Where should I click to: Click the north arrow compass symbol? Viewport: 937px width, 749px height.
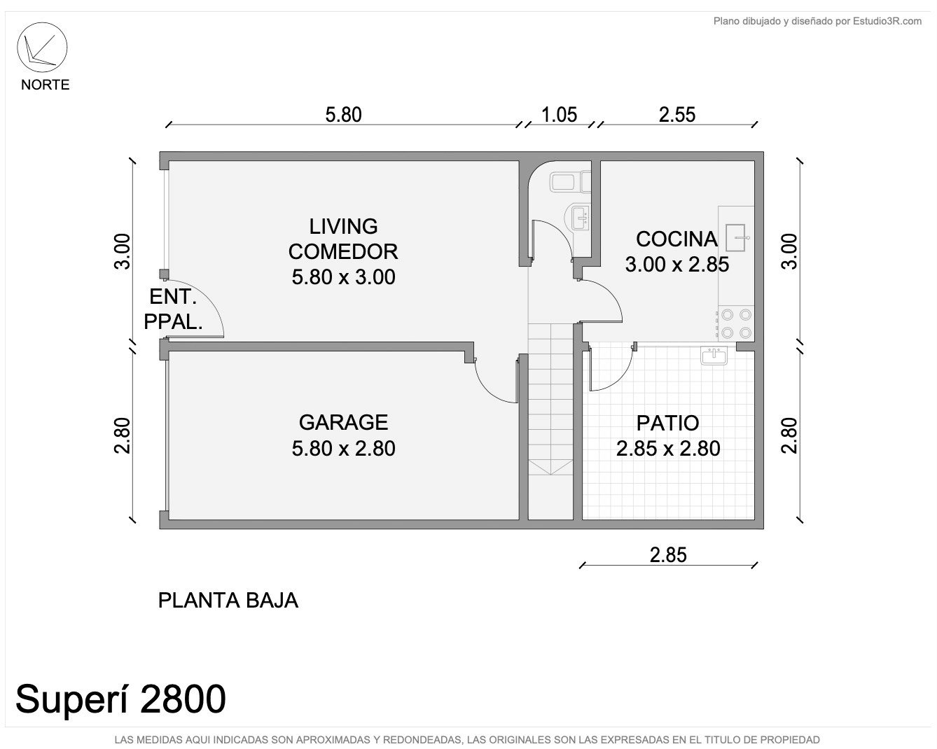pyautogui.click(x=42, y=48)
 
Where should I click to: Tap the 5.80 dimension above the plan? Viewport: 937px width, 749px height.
pyautogui.click(x=344, y=115)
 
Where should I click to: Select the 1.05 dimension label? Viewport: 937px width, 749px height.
pyautogui.click(x=559, y=115)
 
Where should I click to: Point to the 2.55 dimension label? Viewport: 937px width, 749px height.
pyautogui.click(x=677, y=115)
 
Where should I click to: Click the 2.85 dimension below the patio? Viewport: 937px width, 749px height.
pyautogui.click(x=668, y=555)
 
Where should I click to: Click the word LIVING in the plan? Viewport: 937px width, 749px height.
pyautogui.click(x=344, y=226)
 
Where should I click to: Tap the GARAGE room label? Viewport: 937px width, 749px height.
pyautogui.click(x=344, y=423)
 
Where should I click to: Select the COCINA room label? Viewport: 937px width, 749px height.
pyautogui.click(x=676, y=239)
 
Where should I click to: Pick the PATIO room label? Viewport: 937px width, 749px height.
pyautogui.click(x=668, y=423)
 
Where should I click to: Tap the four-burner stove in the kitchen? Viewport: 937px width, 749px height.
pyautogui.click(x=736, y=323)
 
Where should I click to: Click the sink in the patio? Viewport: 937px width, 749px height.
pyautogui.click(x=714, y=356)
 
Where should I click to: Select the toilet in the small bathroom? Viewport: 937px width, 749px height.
pyautogui.click(x=570, y=181)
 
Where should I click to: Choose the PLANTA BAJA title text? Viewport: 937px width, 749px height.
pyautogui.click(x=228, y=601)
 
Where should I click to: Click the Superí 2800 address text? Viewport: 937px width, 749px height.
pyautogui.click(x=120, y=699)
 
